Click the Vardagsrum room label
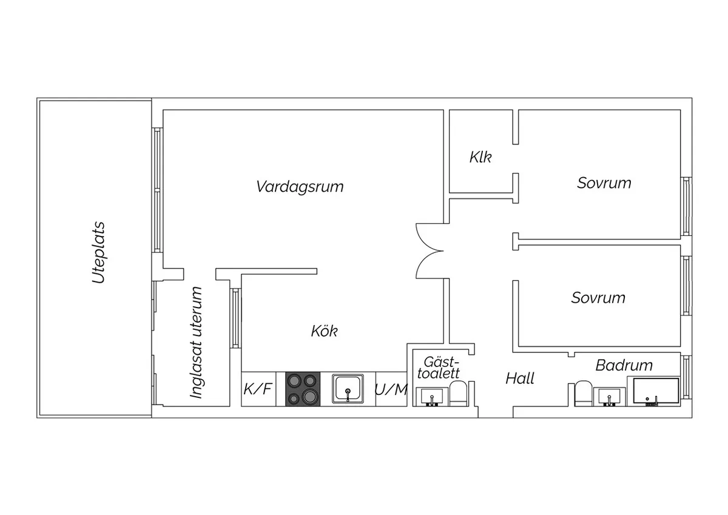300,186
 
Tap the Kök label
324,331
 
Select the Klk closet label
480,157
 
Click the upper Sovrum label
604,183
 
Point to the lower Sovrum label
598,298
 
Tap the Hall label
520,379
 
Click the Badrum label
624,365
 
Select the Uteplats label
98,253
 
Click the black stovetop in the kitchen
303,389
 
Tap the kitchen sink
348,389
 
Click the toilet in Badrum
583,393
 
